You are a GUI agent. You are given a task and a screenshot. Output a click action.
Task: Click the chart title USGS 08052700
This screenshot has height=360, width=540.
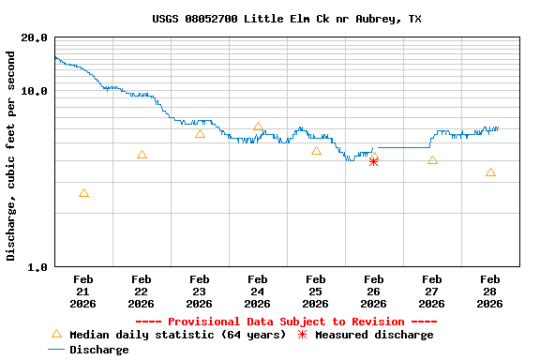pyautogui.click(x=286, y=19)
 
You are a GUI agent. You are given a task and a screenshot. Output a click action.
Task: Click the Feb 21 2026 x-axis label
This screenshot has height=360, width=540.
pyautogui.click(x=82, y=291)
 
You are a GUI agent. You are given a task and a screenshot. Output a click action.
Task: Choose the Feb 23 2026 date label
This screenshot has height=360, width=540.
pyautogui.click(x=199, y=291)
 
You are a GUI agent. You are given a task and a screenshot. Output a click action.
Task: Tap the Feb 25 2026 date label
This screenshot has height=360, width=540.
pyautogui.click(x=315, y=291)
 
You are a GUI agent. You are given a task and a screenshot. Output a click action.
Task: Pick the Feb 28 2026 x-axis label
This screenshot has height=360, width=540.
pyautogui.click(x=489, y=291)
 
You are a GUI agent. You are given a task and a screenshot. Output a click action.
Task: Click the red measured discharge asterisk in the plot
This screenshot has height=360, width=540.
pyautogui.click(x=373, y=161)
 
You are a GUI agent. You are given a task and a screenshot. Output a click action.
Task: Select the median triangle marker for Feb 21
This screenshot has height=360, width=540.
pyautogui.click(x=83, y=193)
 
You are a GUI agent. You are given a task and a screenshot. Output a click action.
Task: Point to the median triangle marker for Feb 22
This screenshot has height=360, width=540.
pyautogui.click(x=142, y=155)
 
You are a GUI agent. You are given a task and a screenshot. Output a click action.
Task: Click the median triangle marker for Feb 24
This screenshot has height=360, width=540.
pyautogui.click(x=258, y=127)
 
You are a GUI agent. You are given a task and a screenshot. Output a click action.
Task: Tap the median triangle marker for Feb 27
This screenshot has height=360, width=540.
pyautogui.click(x=432, y=160)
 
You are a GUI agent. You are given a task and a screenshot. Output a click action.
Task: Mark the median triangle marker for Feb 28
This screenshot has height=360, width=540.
pyautogui.click(x=490, y=172)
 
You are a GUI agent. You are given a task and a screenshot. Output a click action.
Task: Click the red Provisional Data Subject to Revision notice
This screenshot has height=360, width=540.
pyautogui.click(x=286, y=322)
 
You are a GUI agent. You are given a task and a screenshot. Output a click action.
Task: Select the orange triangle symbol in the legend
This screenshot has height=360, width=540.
pyautogui.click(x=56, y=335)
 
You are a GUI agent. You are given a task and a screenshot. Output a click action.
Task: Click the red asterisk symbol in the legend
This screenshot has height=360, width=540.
pyautogui.click(x=302, y=335)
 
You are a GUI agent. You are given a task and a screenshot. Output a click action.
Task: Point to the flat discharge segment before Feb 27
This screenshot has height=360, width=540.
pyautogui.click(x=403, y=147)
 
